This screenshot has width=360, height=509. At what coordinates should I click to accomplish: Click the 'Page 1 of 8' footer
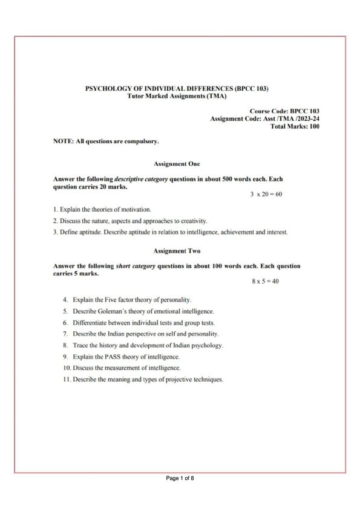[180, 479]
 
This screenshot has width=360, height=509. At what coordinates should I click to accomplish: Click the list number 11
[66, 380]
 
